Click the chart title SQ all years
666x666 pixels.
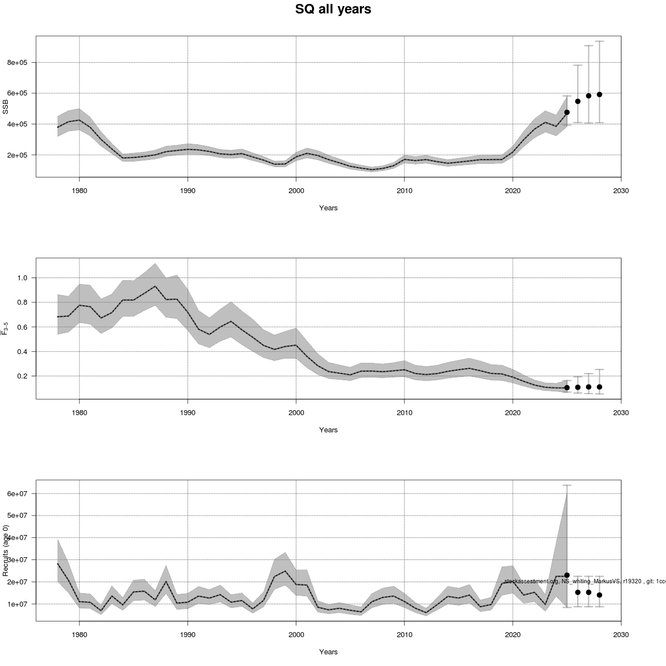(x=333, y=9)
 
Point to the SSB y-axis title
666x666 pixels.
(x=6, y=107)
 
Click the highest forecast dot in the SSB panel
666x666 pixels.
(x=599, y=94)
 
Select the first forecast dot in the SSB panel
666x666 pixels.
(x=567, y=112)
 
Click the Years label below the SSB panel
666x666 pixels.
(x=328, y=208)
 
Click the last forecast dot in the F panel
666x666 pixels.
(x=599, y=387)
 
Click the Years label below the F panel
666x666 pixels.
(x=328, y=430)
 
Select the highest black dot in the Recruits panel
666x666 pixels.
(x=567, y=575)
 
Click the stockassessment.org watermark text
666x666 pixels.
(x=583, y=581)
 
